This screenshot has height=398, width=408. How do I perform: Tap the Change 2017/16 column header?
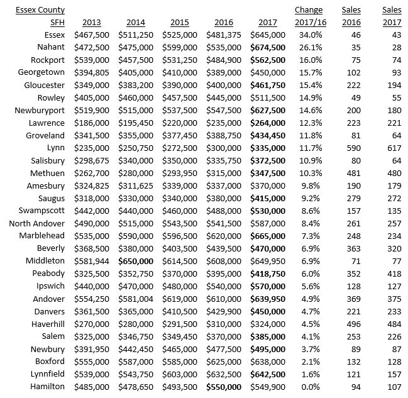pos(308,16)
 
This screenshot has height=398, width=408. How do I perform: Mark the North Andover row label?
pos(37,223)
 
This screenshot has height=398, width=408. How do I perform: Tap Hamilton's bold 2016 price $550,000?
pos(223,387)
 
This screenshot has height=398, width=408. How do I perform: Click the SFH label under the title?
pos(56,23)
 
